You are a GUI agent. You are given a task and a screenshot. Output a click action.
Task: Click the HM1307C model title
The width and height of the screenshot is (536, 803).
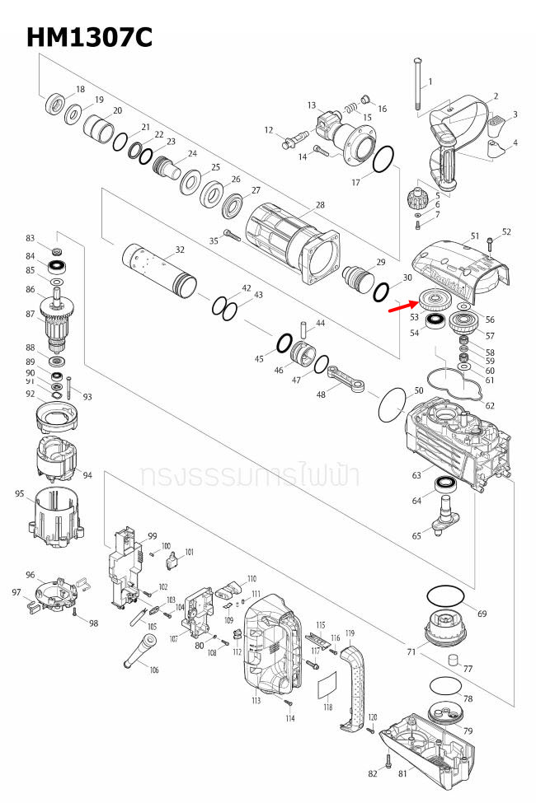89,37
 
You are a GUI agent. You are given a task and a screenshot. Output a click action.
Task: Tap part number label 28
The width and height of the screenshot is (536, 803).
320,205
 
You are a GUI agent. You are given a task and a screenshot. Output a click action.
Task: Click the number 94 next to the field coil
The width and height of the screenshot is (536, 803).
87,475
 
